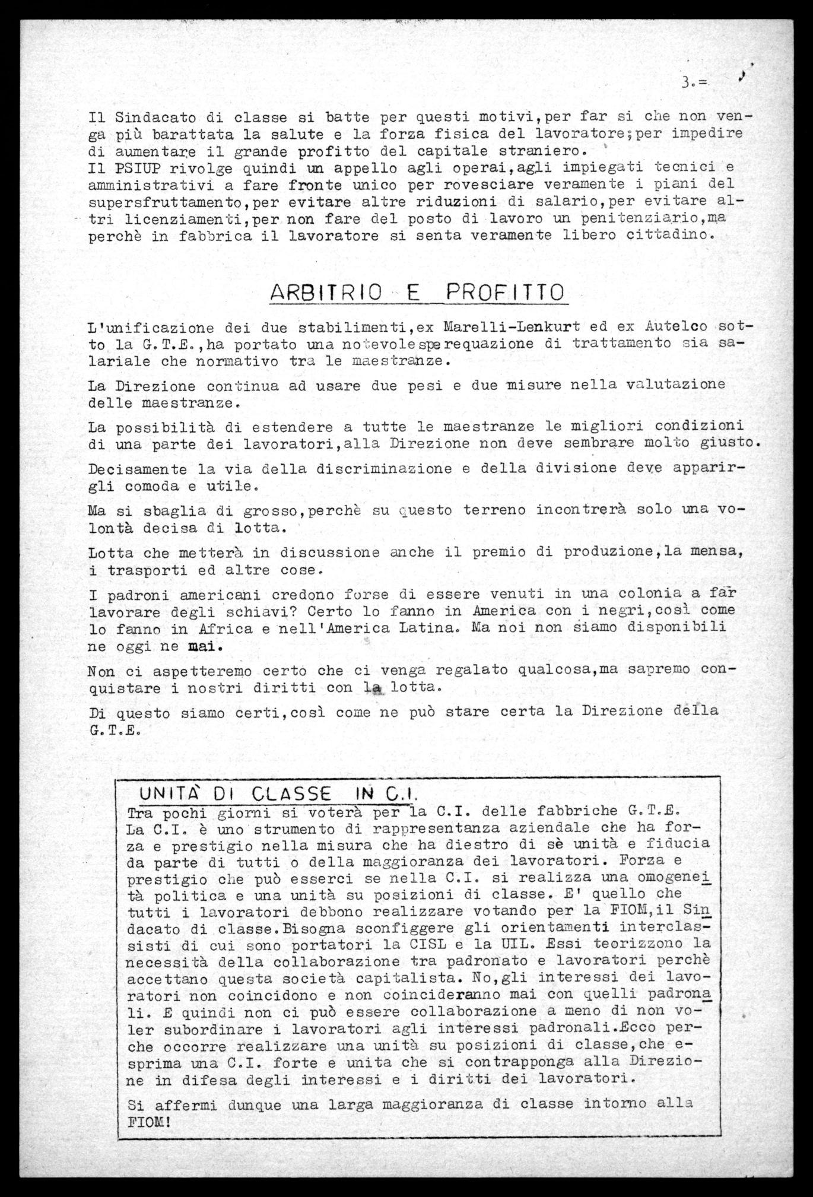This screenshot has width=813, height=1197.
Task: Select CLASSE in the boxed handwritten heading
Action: [x=291, y=793]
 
